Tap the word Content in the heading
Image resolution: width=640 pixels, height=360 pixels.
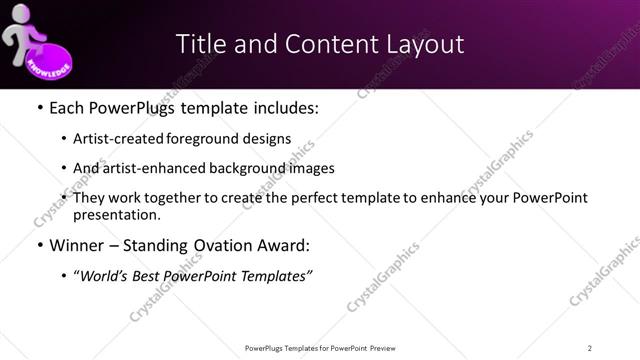point(323,44)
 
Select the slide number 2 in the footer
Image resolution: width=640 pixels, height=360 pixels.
point(590,347)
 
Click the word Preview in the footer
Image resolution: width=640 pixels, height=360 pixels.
point(386,347)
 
